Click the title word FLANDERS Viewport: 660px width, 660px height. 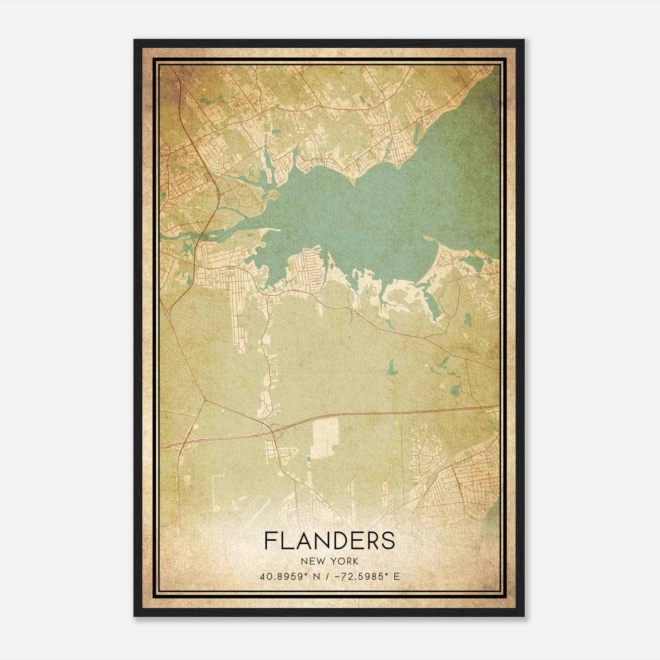(x=329, y=540)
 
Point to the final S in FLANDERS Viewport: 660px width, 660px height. (x=389, y=540)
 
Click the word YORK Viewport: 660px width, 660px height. (x=343, y=561)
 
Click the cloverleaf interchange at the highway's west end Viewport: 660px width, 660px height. (x=184, y=442)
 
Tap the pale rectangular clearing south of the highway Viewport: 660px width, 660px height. (x=325, y=437)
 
